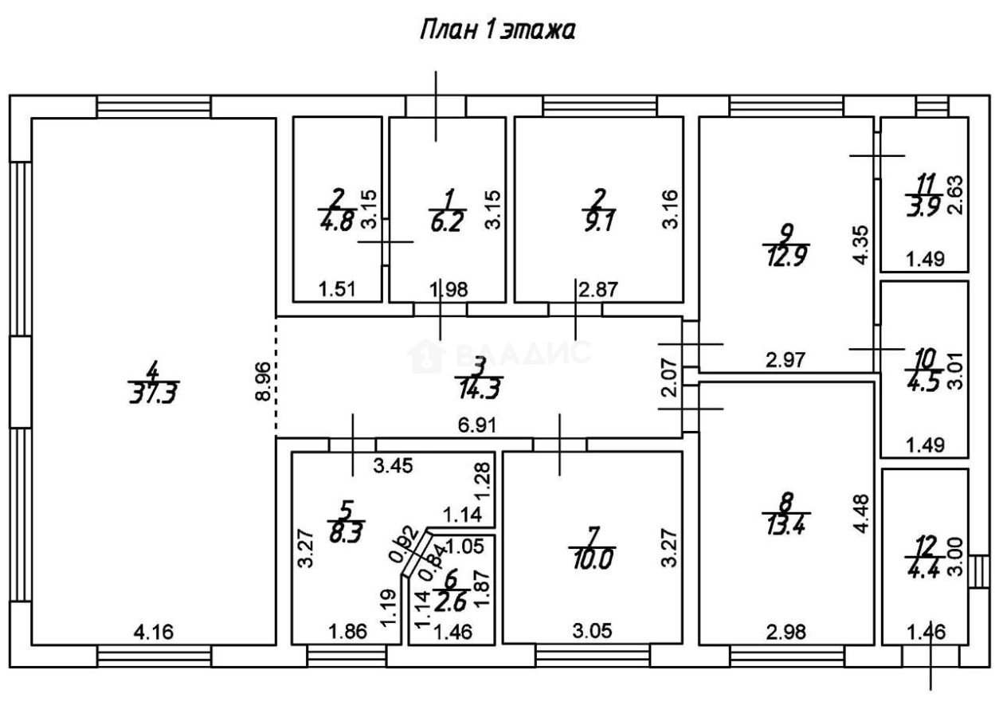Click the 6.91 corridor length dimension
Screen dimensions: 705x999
coord(476,425)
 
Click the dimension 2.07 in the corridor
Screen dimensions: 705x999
coord(671,378)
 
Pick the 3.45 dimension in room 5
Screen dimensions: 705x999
coord(394,468)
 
